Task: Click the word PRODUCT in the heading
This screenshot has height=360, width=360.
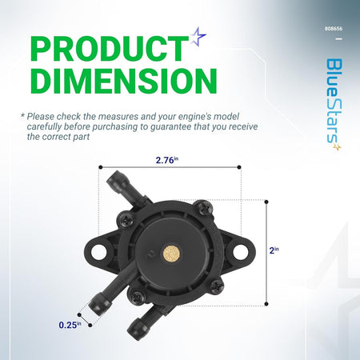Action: (110, 49)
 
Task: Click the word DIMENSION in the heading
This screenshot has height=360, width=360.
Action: (124, 81)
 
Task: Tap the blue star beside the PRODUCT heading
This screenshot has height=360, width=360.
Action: (198, 36)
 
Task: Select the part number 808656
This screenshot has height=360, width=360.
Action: (334, 29)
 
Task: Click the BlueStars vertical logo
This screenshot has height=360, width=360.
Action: (334, 104)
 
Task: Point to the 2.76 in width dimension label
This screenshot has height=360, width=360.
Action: (167, 160)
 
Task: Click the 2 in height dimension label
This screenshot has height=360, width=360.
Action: (274, 250)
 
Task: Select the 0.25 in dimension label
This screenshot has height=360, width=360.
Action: (70, 325)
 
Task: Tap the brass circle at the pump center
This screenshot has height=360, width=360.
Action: (172, 254)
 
